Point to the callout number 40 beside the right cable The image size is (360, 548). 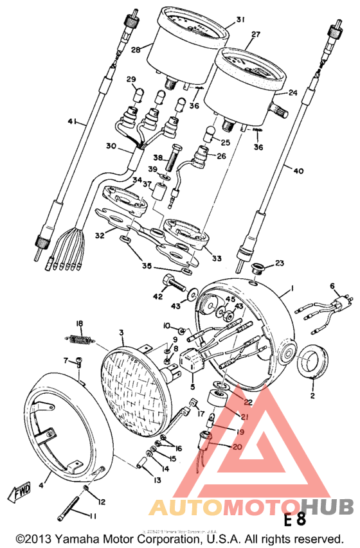(297, 171)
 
